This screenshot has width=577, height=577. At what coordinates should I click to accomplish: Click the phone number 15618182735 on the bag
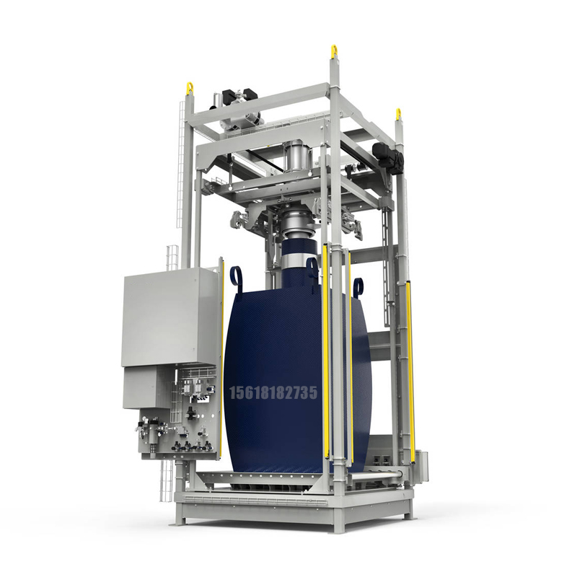coord(273,392)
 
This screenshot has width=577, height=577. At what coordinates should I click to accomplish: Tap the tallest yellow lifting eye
coord(334,51)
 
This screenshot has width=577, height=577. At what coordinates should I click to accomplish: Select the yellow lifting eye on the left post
coord(190,88)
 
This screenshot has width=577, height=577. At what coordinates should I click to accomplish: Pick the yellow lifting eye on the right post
coord(398,115)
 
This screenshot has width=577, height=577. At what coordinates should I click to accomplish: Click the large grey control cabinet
coord(172,317)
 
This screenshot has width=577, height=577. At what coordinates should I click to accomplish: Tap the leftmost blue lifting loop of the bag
coord(236,278)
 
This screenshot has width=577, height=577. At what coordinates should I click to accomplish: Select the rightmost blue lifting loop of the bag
coord(358,287)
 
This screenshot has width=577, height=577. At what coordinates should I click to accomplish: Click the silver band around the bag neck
coord(301,259)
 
